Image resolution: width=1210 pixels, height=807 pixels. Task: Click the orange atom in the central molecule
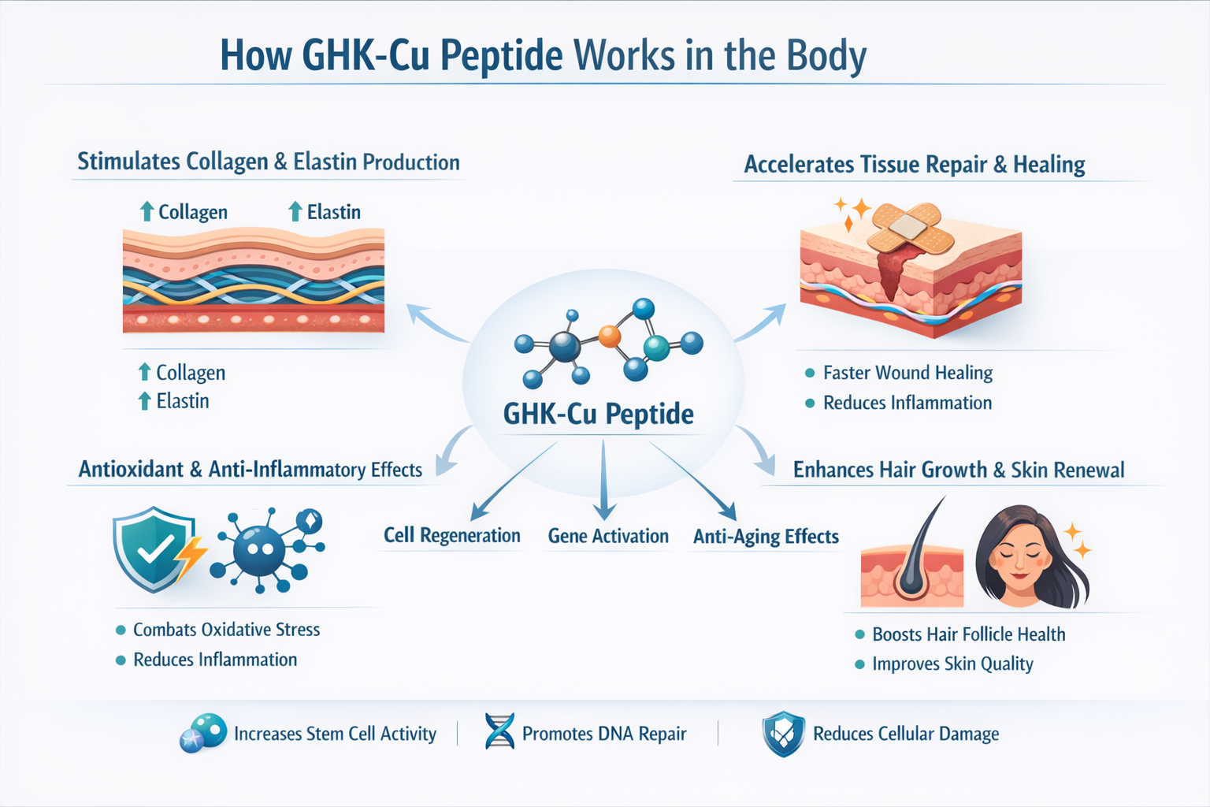click(x=610, y=337)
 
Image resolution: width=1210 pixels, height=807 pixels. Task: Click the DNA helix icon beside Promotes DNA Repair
click(x=499, y=731)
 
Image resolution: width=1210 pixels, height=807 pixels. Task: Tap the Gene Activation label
click(x=608, y=536)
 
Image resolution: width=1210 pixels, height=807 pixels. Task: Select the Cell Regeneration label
click(x=451, y=536)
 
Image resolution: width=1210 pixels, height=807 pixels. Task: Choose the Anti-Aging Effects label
click(x=766, y=537)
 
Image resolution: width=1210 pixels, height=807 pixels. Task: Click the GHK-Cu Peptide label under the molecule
click(x=599, y=415)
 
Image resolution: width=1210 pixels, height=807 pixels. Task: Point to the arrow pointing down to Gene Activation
click(x=603, y=481)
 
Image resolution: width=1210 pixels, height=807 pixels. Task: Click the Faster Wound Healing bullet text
click(x=907, y=373)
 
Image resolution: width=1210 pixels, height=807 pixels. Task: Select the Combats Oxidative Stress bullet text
click(x=226, y=630)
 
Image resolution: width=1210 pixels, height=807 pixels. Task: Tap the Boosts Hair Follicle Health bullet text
click(x=968, y=634)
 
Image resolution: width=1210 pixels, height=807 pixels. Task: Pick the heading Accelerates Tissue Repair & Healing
click(x=915, y=165)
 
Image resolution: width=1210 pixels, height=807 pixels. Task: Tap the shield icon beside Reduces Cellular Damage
click(x=783, y=734)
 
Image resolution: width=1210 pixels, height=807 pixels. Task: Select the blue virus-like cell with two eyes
click(x=261, y=549)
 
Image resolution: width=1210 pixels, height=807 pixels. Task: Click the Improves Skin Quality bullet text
click(x=952, y=664)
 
